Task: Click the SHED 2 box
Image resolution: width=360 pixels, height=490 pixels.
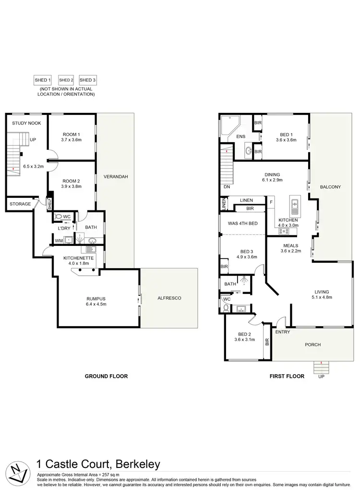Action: (x=66, y=80)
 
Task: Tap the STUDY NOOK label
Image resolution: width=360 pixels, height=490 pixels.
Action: (x=26, y=123)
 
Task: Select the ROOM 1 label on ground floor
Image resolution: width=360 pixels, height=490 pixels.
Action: (x=71, y=134)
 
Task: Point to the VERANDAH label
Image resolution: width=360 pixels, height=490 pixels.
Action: (x=115, y=177)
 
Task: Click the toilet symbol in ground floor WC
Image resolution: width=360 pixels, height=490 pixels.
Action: (x=59, y=217)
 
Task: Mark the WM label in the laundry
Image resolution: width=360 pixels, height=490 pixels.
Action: (x=58, y=240)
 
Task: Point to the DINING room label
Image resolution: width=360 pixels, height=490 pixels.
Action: (x=272, y=175)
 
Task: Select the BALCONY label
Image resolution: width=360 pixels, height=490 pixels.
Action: (x=330, y=187)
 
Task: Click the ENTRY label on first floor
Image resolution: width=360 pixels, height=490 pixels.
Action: (x=282, y=332)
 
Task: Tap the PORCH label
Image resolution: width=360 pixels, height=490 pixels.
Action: (x=312, y=344)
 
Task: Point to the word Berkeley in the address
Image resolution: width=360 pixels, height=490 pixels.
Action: (x=136, y=465)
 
